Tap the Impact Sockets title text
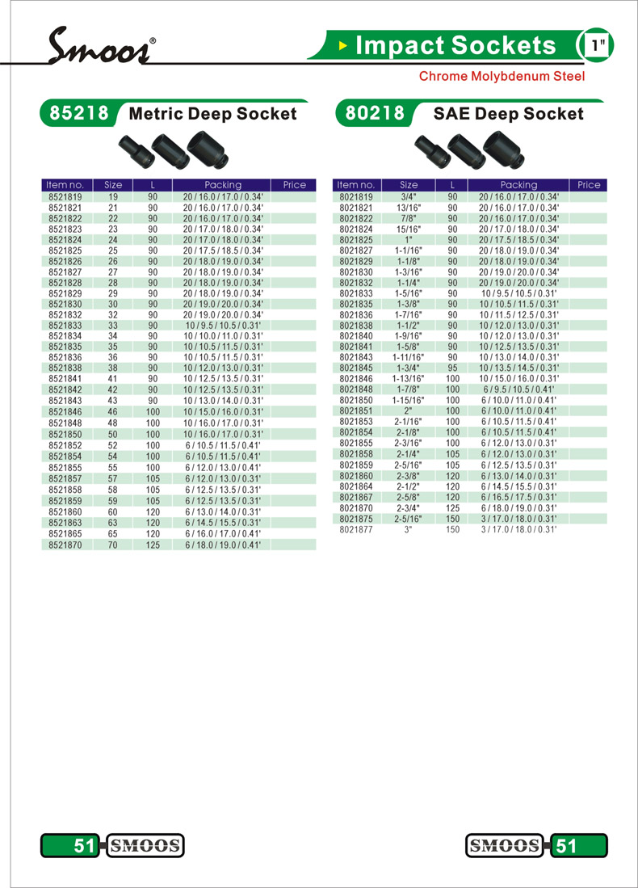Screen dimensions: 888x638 click(455, 46)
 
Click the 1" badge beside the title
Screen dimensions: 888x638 click(598, 46)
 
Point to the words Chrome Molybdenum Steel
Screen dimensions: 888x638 click(501, 77)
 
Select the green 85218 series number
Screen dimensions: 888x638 click(79, 114)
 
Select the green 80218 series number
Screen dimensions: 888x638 click(375, 114)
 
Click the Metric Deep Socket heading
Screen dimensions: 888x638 click(213, 114)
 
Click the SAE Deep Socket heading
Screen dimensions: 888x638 click(508, 114)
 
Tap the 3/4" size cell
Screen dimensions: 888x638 click(409, 196)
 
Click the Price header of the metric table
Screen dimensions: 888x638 click(294, 185)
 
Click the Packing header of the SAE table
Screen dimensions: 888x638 click(518, 185)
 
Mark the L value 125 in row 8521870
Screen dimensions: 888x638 click(153, 545)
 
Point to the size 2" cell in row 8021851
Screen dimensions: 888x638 click(409, 410)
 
